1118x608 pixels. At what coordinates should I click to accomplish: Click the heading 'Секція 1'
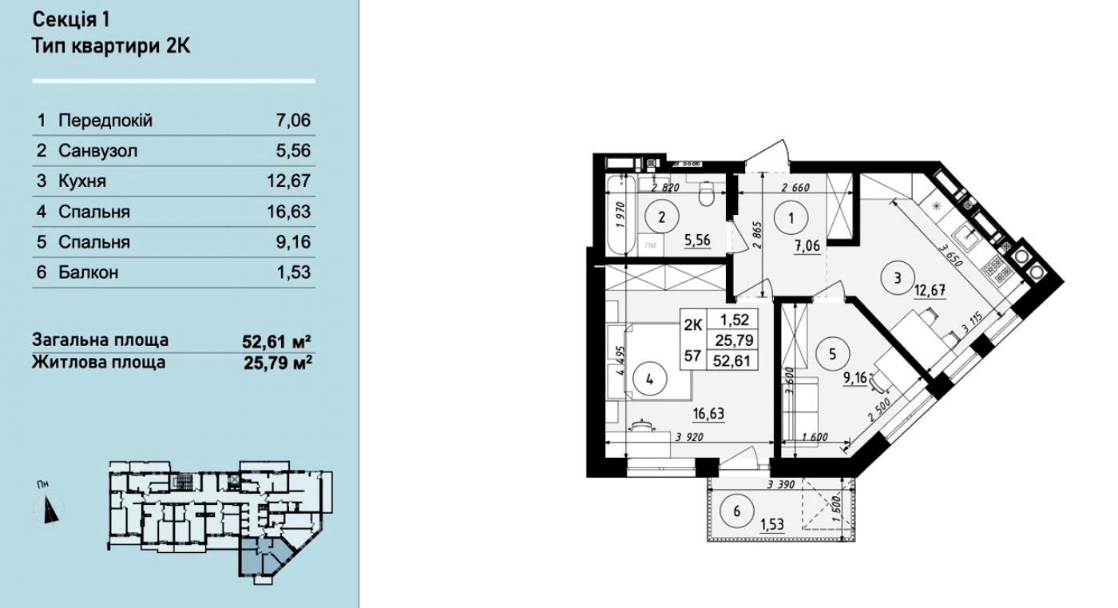71,20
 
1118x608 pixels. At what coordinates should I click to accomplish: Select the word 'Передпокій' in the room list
105,121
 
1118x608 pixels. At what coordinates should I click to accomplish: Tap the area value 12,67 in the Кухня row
288,181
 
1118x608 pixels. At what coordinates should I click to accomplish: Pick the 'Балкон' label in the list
89,272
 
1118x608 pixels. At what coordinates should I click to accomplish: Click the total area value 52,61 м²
276,341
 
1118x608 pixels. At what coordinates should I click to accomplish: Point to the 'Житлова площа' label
99,362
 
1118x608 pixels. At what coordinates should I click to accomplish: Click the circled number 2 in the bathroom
662,217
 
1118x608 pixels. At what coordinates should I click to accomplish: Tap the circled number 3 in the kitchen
898,277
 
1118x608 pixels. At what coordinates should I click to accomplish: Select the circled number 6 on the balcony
736,511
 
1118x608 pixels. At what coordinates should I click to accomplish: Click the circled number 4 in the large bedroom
649,380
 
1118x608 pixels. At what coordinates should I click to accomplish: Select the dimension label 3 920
689,437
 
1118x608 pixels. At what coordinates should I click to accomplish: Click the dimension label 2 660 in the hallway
795,188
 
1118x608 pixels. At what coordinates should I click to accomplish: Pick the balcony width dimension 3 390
781,484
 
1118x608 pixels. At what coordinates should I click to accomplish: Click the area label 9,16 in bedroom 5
855,378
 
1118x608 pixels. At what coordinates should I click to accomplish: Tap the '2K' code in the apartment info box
693,325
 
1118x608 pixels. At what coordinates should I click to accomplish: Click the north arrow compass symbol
50,509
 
